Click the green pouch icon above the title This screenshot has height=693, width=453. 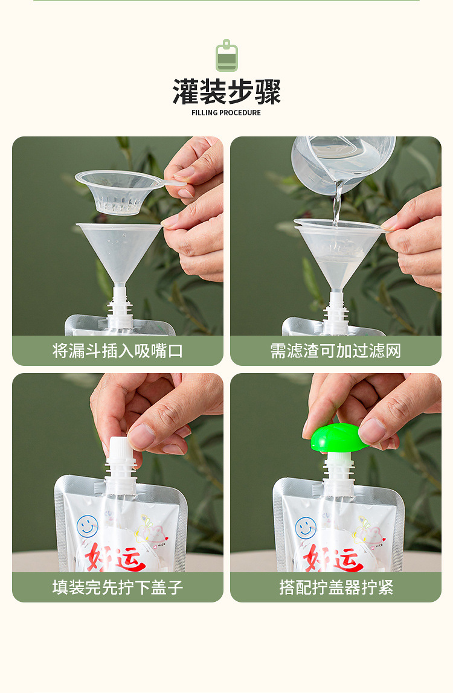(226, 56)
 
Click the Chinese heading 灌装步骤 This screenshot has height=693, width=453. (226, 92)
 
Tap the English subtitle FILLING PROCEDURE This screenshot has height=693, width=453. (226, 113)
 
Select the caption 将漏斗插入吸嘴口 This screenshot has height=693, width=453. (118, 351)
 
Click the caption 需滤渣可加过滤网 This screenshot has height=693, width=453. (335, 351)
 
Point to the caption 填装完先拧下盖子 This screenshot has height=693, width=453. (118, 587)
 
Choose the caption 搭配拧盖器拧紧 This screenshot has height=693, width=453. (335, 587)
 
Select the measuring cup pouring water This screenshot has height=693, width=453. (341, 158)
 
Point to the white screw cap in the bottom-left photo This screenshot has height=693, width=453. (118, 449)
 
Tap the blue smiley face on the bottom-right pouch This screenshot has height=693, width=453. (306, 527)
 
